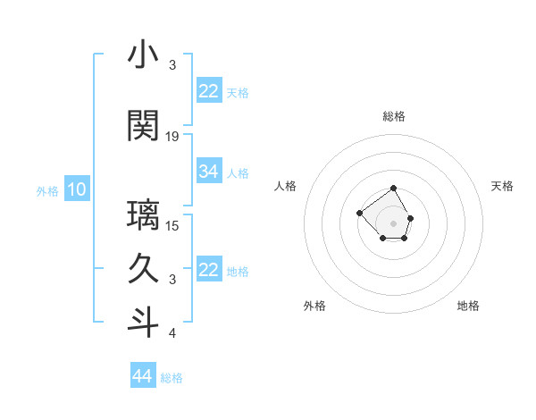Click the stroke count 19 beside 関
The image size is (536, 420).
[173, 137]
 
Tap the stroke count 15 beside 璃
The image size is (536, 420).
[173, 225]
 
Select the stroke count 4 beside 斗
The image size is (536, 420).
[173, 333]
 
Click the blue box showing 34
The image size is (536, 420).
[209, 172]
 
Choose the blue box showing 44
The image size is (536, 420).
[143, 376]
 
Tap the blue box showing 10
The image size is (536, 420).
[77, 189]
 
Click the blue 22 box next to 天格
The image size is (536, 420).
[209, 91]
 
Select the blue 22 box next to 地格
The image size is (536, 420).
[209, 270]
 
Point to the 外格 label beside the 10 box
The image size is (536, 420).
[47, 190]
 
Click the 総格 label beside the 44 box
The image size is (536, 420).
[172, 378]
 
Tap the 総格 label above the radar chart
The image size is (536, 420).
[393, 116]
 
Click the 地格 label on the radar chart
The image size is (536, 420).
[468, 306]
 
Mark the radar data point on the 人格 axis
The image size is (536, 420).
[359, 213]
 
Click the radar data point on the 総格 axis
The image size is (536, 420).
[393, 189]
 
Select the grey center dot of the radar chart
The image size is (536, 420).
[393, 223]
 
